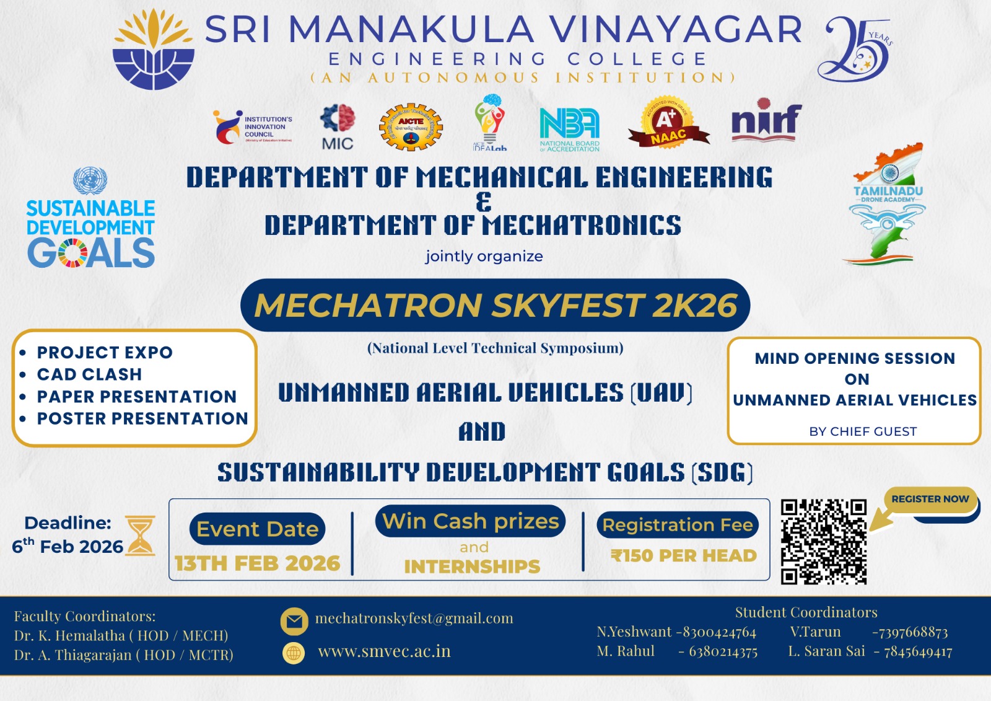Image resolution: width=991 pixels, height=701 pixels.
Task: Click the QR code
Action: tap(823, 542)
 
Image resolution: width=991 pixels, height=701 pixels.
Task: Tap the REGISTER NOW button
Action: tap(930, 500)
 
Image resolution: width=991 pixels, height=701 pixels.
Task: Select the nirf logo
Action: tap(766, 120)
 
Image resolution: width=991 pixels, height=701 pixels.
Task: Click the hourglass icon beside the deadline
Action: tap(141, 536)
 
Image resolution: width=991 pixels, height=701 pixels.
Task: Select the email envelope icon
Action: tap(294, 620)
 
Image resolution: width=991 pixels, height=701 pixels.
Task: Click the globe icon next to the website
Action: tap(294, 653)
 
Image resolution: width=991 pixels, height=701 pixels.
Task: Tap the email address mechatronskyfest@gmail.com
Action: tap(414, 619)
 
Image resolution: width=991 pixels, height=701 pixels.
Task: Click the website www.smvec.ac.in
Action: tap(384, 651)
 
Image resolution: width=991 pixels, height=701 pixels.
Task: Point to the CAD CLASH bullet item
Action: tap(89, 374)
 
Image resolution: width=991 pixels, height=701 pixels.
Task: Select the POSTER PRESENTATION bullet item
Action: tap(142, 419)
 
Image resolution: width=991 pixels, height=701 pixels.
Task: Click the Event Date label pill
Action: tap(257, 529)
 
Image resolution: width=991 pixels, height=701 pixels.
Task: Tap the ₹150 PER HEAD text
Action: tap(683, 555)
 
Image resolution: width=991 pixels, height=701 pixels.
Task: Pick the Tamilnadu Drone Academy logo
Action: tap(888, 205)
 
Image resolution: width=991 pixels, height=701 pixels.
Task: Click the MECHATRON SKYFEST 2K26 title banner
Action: tap(495, 306)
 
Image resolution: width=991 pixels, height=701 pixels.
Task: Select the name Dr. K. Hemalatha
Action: tap(69, 636)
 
